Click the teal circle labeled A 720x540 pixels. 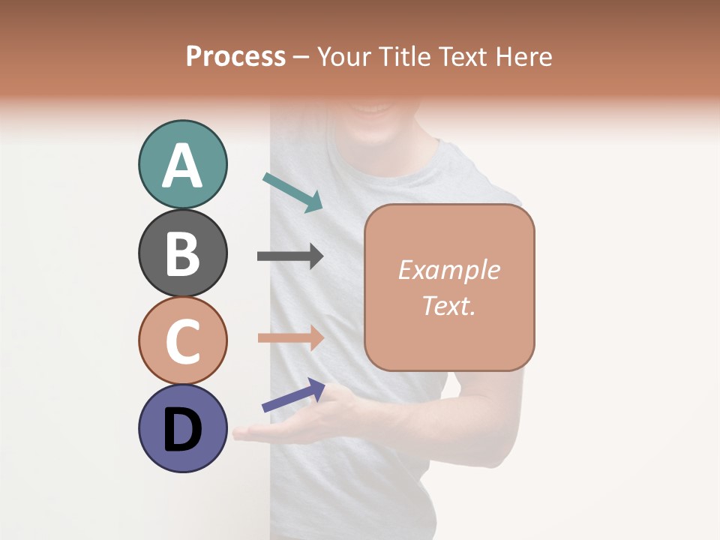(x=182, y=164)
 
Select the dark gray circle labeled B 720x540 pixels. (x=182, y=253)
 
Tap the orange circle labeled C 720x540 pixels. (x=182, y=340)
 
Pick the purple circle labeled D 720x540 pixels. (x=182, y=428)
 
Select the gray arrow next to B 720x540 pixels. (x=289, y=256)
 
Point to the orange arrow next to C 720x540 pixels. (x=289, y=337)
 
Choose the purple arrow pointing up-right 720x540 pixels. (x=293, y=395)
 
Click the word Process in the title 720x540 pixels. (x=235, y=56)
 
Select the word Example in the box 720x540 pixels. (x=448, y=270)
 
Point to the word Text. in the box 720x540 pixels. (x=448, y=305)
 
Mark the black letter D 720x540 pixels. (x=182, y=430)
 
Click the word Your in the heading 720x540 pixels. (x=340, y=56)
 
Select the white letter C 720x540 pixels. (x=182, y=341)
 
